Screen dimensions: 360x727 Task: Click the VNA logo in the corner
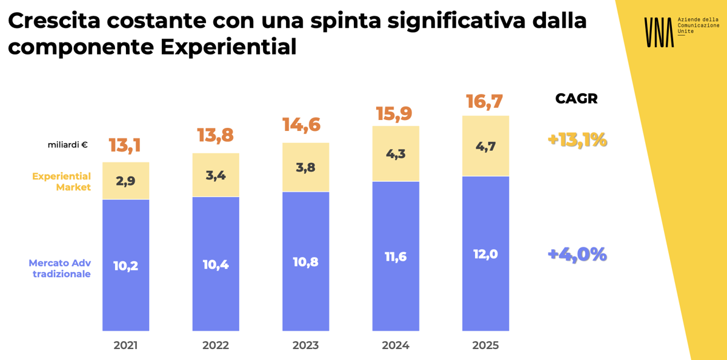point(659,32)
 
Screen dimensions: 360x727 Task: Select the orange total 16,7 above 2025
point(484,102)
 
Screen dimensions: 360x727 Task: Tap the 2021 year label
point(125,345)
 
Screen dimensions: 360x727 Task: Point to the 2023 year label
point(305,345)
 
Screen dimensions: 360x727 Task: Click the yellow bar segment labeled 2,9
point(125,181)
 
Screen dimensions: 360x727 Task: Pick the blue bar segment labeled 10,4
point(216,264)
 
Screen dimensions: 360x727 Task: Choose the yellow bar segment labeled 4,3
point(396,154)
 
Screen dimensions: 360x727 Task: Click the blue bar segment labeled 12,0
point(485,254)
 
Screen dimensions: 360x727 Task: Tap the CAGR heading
point(576,99)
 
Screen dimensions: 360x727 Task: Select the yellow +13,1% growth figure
point(577,140)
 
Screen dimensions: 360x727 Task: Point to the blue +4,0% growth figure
point(577,254)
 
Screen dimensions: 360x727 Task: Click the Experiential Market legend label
point(61,182)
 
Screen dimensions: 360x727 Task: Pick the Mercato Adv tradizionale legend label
point(59,268)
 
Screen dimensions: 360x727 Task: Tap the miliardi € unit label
point(68,145)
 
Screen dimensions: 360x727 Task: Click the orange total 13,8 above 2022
point(215,135)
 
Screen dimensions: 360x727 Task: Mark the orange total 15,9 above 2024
point(394,113)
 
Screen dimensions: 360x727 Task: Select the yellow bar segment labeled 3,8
point(305,168)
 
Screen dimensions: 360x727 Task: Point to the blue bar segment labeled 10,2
point(125,265)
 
